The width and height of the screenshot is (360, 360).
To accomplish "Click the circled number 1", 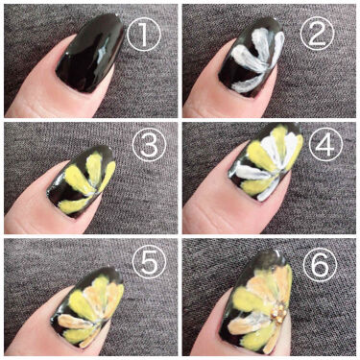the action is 144,35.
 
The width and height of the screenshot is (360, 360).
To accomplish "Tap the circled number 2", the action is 317,34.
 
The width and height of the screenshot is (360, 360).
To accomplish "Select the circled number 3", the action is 149,144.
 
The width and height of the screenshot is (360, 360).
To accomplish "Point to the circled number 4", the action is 325,145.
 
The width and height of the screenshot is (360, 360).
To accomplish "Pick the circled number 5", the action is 149,263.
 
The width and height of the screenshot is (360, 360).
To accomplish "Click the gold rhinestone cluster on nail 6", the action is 278,312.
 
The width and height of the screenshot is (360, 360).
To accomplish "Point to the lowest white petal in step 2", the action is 248,84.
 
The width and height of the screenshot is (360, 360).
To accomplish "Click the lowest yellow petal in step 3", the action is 74,204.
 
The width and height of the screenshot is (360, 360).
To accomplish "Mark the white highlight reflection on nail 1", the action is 103,55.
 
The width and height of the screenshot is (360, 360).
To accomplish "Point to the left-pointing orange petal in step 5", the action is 74,322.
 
